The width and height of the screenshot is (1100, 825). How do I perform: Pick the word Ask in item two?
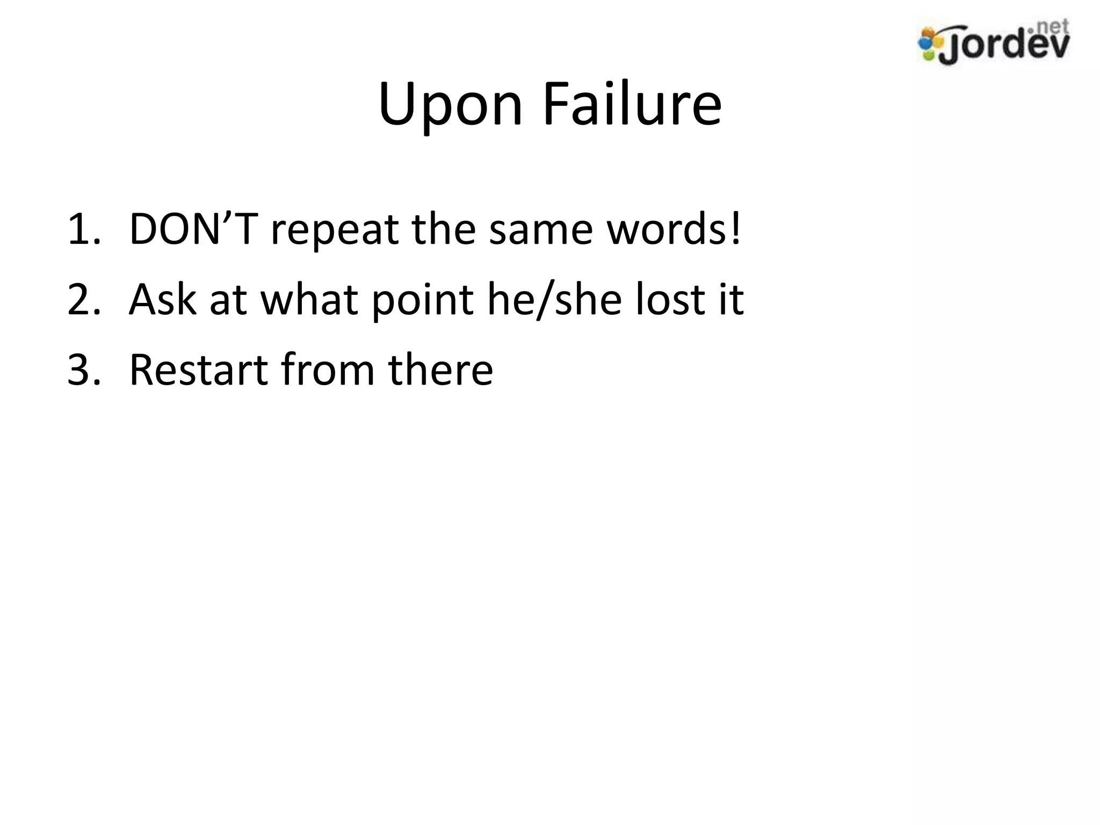(163, 299)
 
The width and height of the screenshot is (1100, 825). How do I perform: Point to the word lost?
(665, 299)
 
